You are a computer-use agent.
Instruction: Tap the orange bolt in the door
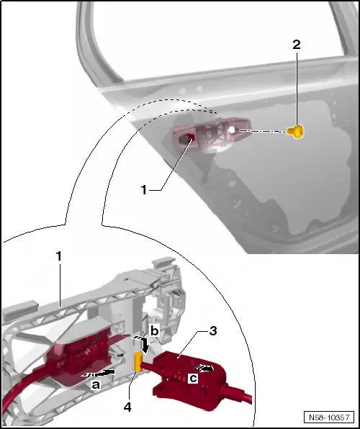[x=296, y=132]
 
